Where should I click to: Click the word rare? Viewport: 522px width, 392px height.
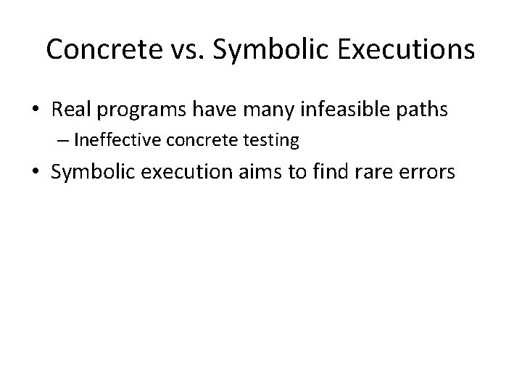[394, 173]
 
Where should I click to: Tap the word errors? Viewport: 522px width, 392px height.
[444, 173]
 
